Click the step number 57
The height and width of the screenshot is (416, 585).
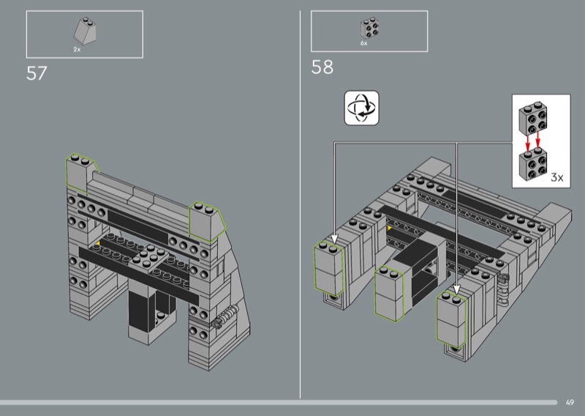pyautogui.click(x=37, y=73)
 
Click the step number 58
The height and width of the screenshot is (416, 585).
pyautogui.click(x=322, y=67)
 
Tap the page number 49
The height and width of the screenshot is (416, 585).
pyautogui.click(x=570, y=403)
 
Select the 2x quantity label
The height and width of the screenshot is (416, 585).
pyautogui.click(x=77, y=49)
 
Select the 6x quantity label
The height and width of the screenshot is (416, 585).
pyautogui.click(x=363, y=43)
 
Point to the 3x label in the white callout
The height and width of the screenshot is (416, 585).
pyautogui.click(x=557, y=177)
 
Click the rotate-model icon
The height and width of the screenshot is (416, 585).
pyautogui.click(x=361, y=108)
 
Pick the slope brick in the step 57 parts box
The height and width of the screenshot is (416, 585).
pyautogui.click(x=85, y=31)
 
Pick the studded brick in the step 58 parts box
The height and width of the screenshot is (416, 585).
pyautogui.click(x=370, y=28)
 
